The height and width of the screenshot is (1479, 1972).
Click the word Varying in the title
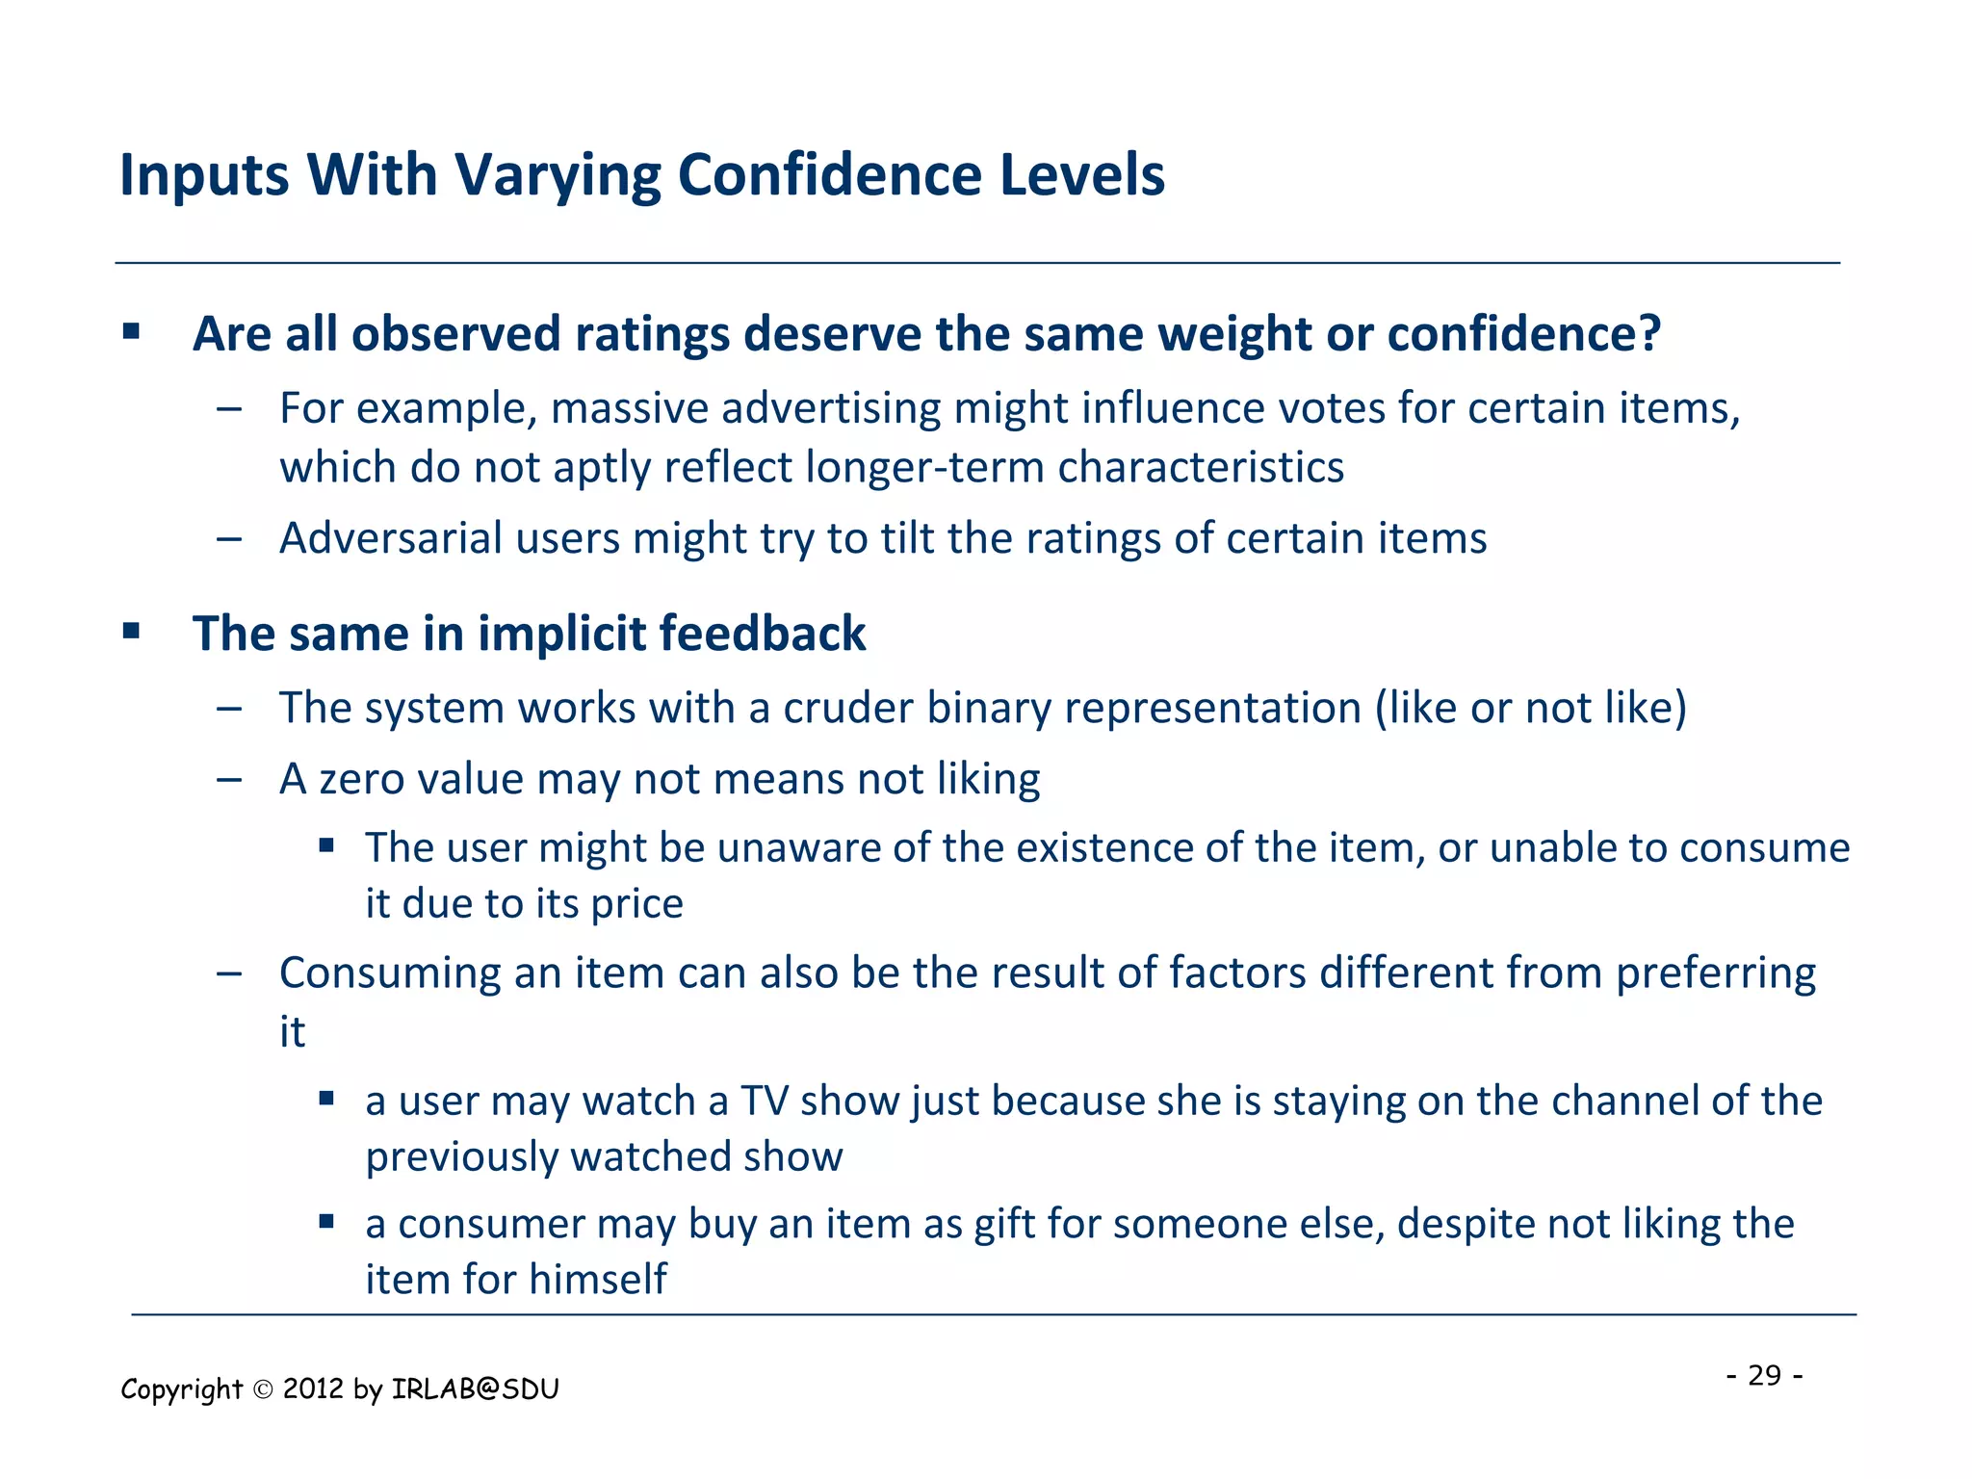557,176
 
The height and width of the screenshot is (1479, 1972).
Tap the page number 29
1764,1375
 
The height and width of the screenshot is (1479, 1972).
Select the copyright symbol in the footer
263,1389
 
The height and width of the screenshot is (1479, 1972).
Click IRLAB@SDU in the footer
476,1389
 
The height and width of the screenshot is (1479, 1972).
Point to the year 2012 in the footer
313,1389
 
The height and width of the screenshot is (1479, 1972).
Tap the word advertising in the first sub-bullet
831,409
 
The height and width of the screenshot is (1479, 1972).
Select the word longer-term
925,468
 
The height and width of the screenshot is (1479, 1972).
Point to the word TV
764,1101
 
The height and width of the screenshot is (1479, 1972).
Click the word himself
597,1280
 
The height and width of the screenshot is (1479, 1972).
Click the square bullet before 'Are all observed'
132,333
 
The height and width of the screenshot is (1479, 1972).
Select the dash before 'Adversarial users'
229,538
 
